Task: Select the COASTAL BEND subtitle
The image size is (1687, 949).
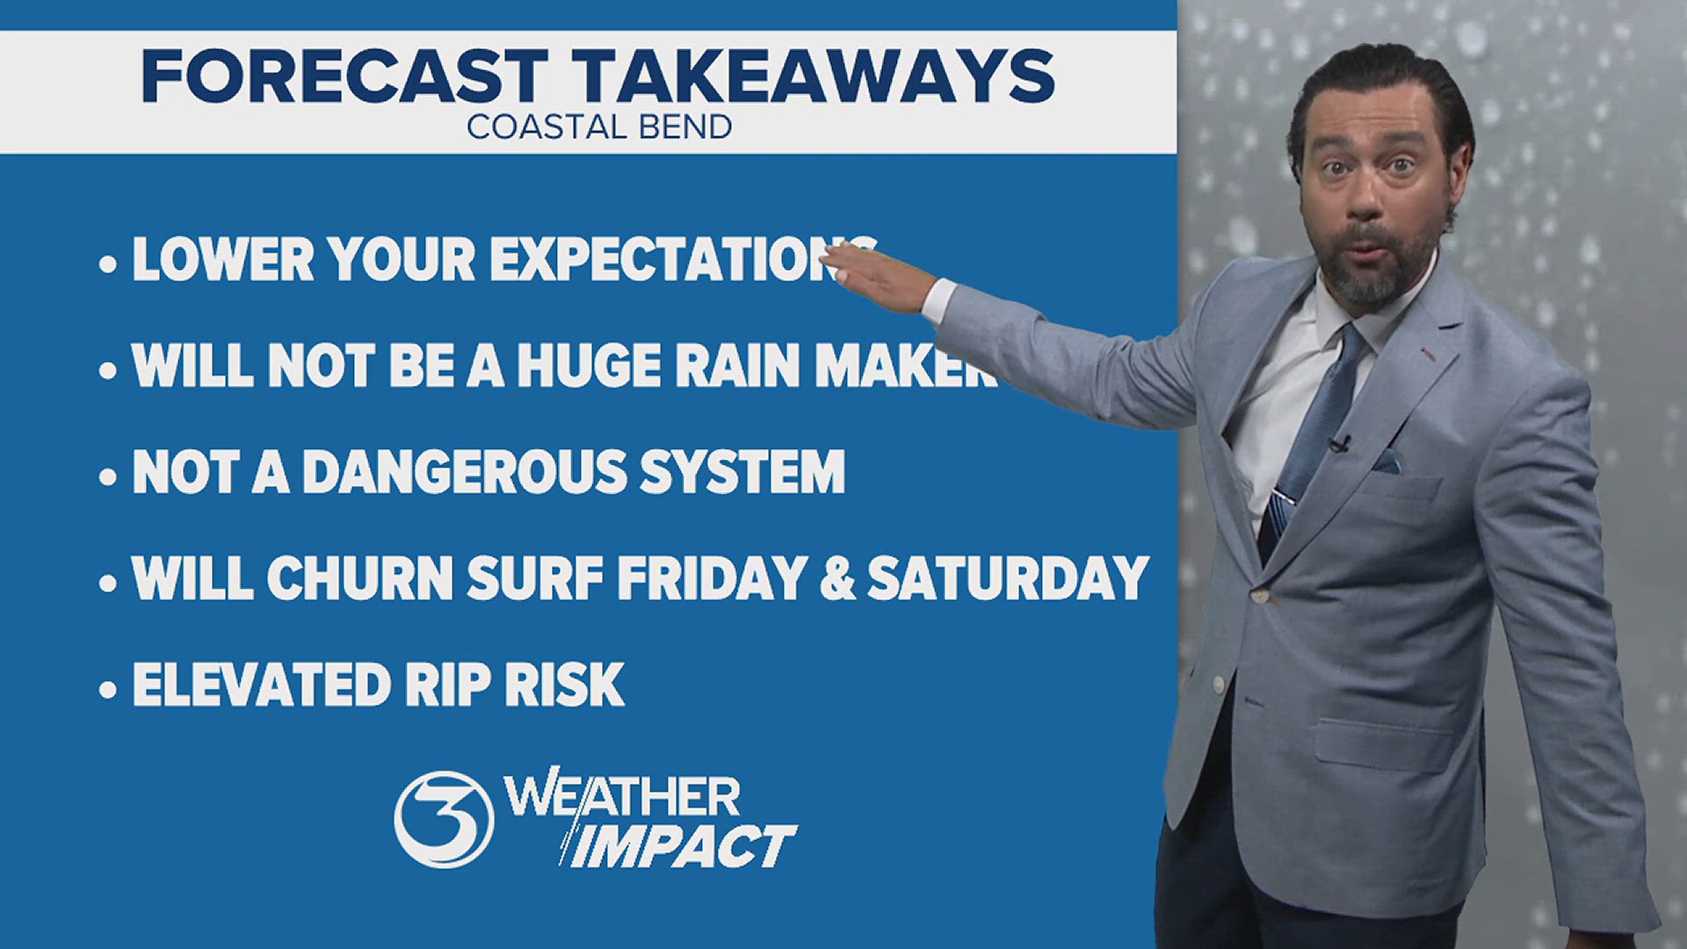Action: [x=599, y=127]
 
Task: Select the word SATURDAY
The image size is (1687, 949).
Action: [x=1008, y=578]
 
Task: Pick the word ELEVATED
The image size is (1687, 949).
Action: [x=256, y=685]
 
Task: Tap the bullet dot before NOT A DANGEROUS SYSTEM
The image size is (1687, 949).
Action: [x=107, y=477]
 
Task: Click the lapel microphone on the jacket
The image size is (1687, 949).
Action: [x=1339, y=442]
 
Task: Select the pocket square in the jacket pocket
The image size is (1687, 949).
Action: [x=1386, y=462]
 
